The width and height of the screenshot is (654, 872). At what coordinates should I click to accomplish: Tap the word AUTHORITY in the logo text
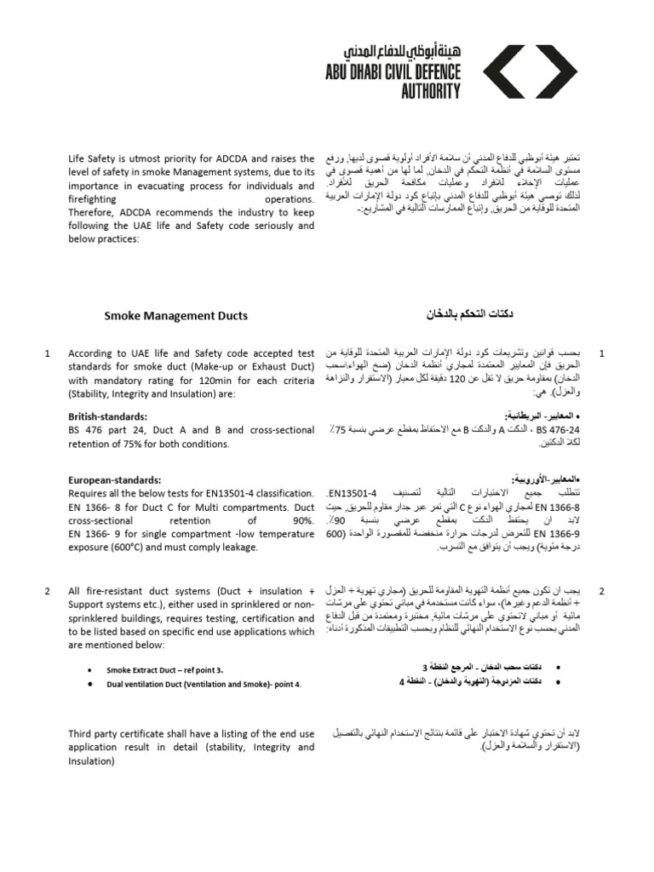point(430,90)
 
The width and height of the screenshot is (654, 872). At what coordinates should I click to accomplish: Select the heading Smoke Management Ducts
point(176,316)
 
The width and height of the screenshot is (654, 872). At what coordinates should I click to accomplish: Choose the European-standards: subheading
point(114,480)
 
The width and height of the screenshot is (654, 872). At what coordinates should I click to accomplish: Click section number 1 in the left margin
point(48,353)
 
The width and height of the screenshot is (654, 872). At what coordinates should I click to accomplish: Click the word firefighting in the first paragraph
point(96,199)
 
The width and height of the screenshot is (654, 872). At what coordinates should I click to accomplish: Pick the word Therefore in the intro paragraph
point(93,213)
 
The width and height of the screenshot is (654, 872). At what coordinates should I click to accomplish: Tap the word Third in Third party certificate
point(82,734)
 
